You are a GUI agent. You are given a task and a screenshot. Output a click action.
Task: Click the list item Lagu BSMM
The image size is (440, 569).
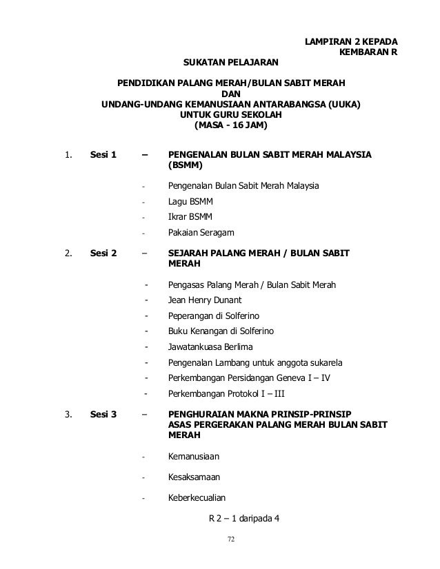coord(191,202)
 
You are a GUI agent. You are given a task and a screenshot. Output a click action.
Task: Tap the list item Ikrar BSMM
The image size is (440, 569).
coord(190,217)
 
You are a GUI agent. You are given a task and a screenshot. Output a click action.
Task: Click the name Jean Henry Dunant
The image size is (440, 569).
coord(208,300)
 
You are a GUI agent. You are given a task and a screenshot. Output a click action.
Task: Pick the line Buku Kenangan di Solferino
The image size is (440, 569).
coord(221,331)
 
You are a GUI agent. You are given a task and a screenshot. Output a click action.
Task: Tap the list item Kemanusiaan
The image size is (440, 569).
coord(197,456)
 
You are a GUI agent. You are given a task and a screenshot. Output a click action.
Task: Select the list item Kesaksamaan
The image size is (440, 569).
coord(196,476)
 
